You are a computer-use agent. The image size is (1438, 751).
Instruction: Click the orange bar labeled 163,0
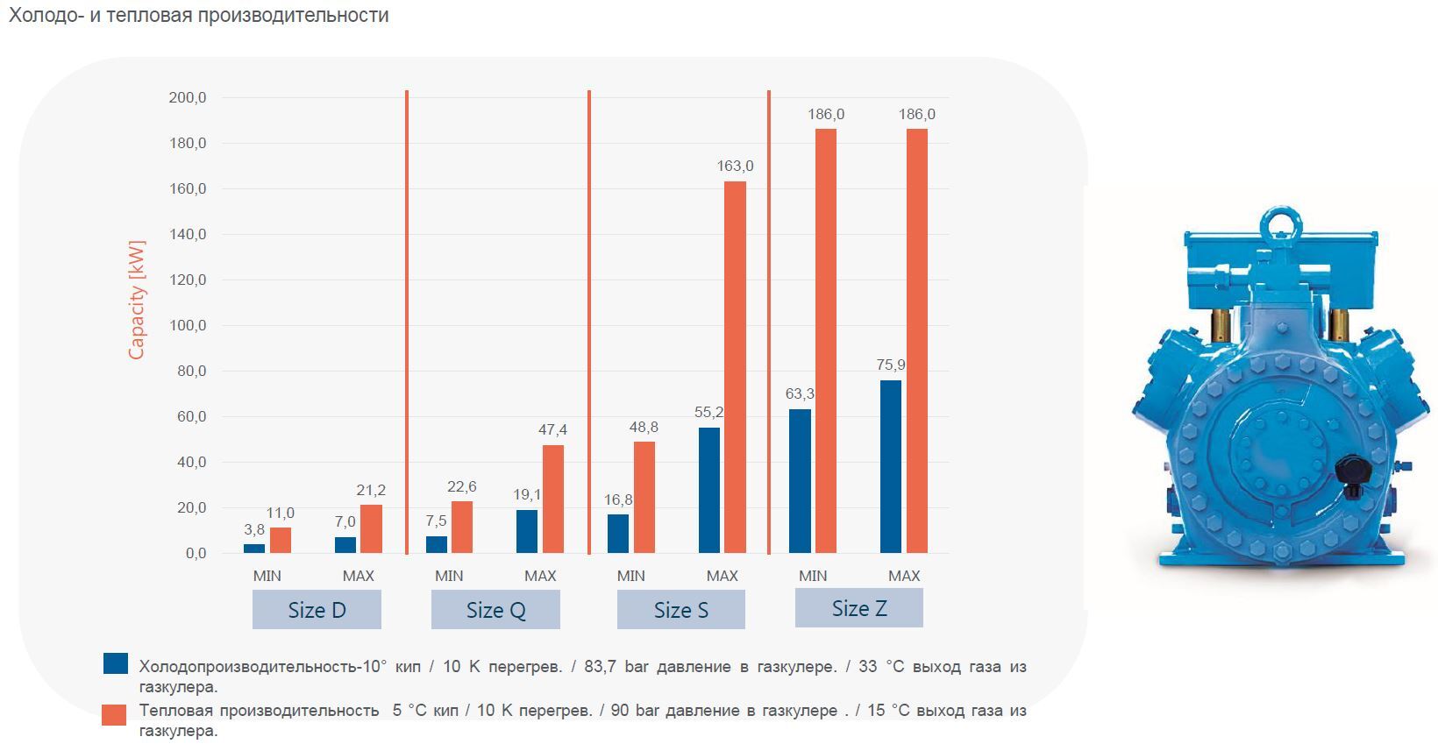tap(735, 367)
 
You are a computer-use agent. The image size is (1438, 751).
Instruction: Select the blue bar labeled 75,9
tap(890, 467)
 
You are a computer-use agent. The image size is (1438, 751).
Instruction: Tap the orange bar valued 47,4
tap(553, 499)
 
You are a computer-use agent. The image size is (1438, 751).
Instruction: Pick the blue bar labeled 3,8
tap(254, 549)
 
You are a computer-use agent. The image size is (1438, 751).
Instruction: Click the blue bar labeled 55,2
tap(709, 491)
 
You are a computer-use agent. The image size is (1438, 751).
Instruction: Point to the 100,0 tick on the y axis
tap(187, 326)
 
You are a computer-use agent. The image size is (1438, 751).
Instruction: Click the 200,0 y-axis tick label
tap(187, 98)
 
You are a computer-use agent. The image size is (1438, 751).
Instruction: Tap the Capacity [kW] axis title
tap(136, 300)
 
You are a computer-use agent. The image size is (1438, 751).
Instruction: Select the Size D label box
tap(317, 610)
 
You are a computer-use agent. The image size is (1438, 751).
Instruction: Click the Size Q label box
tap(495, 610)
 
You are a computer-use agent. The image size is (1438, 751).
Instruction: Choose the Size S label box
tap(681, 610)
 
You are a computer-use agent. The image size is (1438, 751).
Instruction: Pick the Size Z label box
tap(859, 608)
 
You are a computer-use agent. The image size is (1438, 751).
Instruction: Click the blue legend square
tap(115, 663)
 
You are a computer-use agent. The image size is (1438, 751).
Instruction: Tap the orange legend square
tap(114, 714)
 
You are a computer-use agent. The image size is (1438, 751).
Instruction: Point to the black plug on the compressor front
tap(1352, 474)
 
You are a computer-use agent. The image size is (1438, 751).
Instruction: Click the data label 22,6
tap(461, 487)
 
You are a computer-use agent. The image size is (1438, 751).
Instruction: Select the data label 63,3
tap(800, 394)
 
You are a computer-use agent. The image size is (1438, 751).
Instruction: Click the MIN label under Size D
tap(267, 576)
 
